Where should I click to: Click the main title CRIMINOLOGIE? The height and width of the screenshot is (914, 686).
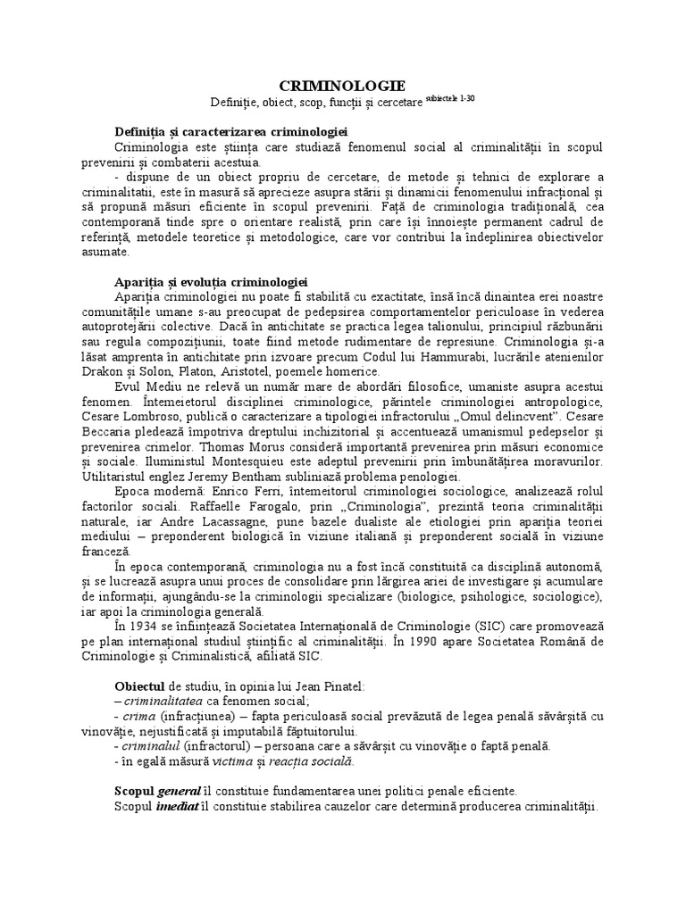coord(343,86)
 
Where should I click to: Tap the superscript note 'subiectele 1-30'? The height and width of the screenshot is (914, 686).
coord(450,100)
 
